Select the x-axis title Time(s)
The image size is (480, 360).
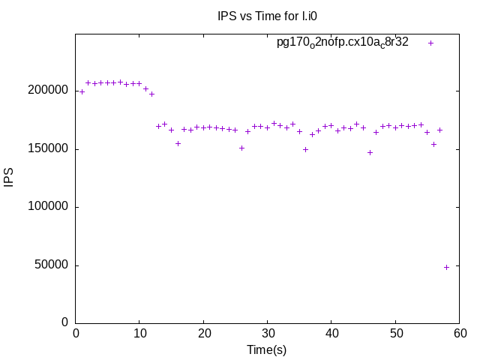tap(267, 349)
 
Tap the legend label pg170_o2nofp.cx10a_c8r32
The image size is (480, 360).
tap(343, 43)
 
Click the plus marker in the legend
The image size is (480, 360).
tap(430, 43)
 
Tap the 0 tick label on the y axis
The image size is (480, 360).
tap(65, 322)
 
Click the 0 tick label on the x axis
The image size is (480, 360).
tap(76, 333)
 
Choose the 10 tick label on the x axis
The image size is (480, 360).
tap(139, 333)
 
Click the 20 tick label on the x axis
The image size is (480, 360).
tap(204, 333)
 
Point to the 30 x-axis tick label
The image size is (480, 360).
tap(268, 333)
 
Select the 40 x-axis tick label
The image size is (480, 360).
tap(332, 333)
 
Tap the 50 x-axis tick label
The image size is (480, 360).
tap(396, 333)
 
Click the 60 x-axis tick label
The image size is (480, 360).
tap(460, 333)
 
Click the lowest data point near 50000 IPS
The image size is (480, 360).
tap(446, 267)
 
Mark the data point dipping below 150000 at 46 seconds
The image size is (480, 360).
tap(370, 152)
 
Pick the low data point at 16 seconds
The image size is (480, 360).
tap(178, 143)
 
